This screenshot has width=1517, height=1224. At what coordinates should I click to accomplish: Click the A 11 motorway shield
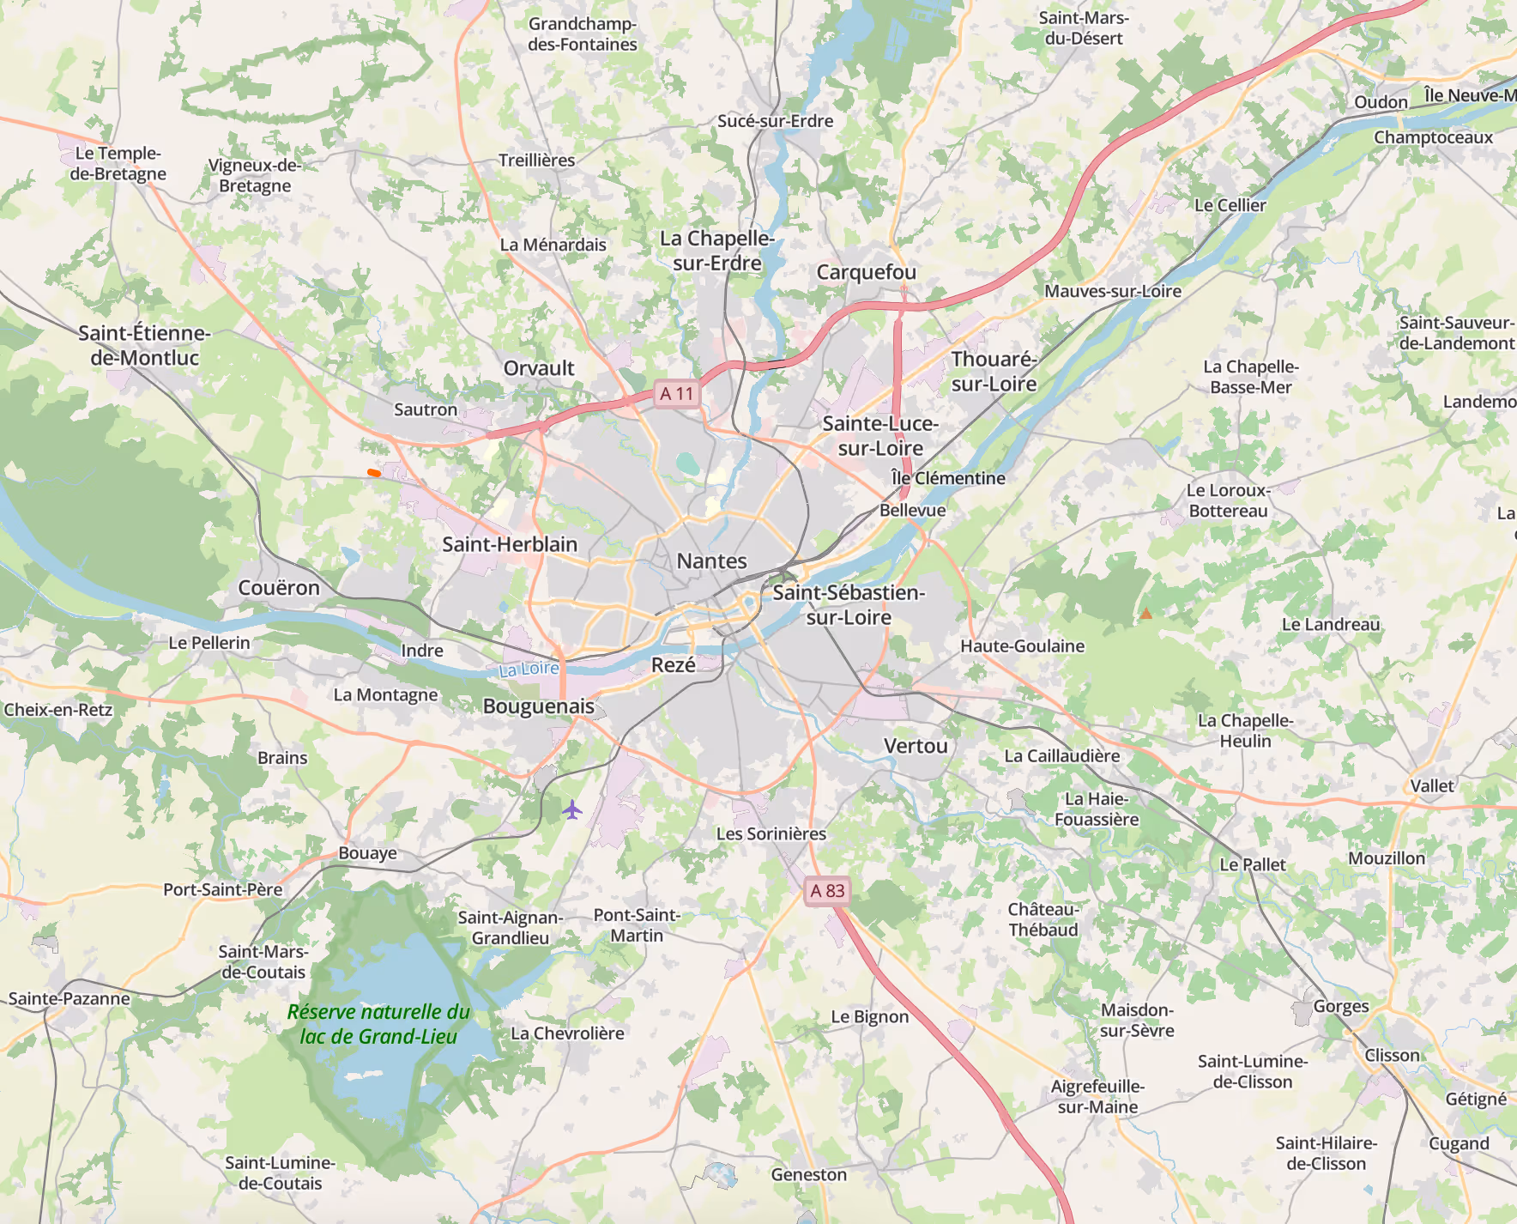(676, 394)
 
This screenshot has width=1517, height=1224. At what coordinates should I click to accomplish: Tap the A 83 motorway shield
(827, 891)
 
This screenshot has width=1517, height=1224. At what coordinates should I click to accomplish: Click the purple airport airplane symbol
(572, 809)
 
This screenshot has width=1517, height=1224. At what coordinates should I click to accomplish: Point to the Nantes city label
(711, 561)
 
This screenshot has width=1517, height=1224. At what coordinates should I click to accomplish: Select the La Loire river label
(529, 669)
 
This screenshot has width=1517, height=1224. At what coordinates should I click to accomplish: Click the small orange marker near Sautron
(373, 472)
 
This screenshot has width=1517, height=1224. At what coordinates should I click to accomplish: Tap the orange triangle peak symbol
(1145, 614)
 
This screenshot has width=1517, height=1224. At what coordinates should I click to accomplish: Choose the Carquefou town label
(866, 272)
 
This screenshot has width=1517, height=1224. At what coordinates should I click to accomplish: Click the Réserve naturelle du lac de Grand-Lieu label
(378, 1024)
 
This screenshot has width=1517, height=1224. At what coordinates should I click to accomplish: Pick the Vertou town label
(916, 746)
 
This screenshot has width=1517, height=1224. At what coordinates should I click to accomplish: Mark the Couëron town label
(279, 588)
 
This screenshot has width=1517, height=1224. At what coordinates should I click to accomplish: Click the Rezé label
(673, 665)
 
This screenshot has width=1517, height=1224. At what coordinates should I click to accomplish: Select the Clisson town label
(1392, 1055)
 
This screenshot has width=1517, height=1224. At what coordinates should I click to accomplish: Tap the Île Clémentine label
(947, 478)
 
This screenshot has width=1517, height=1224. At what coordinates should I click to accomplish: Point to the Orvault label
(539, 368)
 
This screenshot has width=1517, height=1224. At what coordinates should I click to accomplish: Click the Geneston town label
(808, 1174)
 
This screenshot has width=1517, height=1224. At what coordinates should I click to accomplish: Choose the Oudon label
(1381, 102)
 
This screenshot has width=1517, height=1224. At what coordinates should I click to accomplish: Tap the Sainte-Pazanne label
(70, 998)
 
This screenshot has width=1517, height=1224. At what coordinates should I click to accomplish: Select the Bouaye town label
(367, 853)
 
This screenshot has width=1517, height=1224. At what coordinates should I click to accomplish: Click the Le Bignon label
(869, 1017)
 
